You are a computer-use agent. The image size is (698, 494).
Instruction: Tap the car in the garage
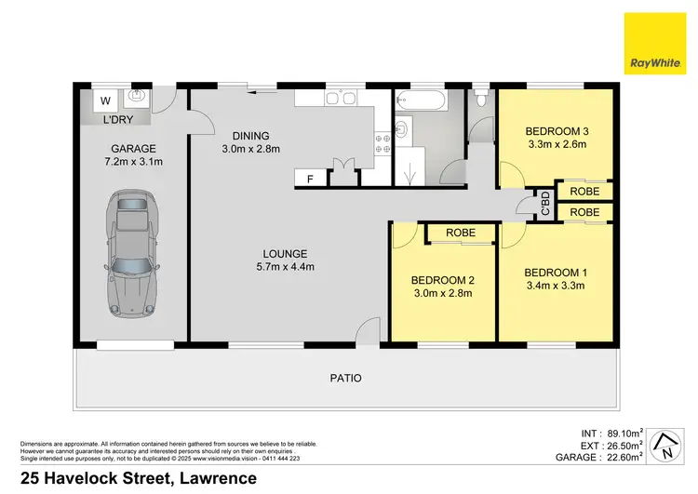click(132, 251)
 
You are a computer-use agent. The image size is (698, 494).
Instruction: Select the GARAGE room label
click(133, 148)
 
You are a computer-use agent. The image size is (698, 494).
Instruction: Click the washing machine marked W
click(104, 100)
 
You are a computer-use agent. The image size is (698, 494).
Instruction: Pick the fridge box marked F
click(309, 177)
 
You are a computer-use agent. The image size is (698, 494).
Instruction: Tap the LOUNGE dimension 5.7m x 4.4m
click(285, 267)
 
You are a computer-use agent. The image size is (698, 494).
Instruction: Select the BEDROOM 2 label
click(444, 280)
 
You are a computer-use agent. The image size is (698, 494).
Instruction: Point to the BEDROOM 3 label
click(556, 130)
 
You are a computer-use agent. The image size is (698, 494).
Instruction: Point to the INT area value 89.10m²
click(614, 432)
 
